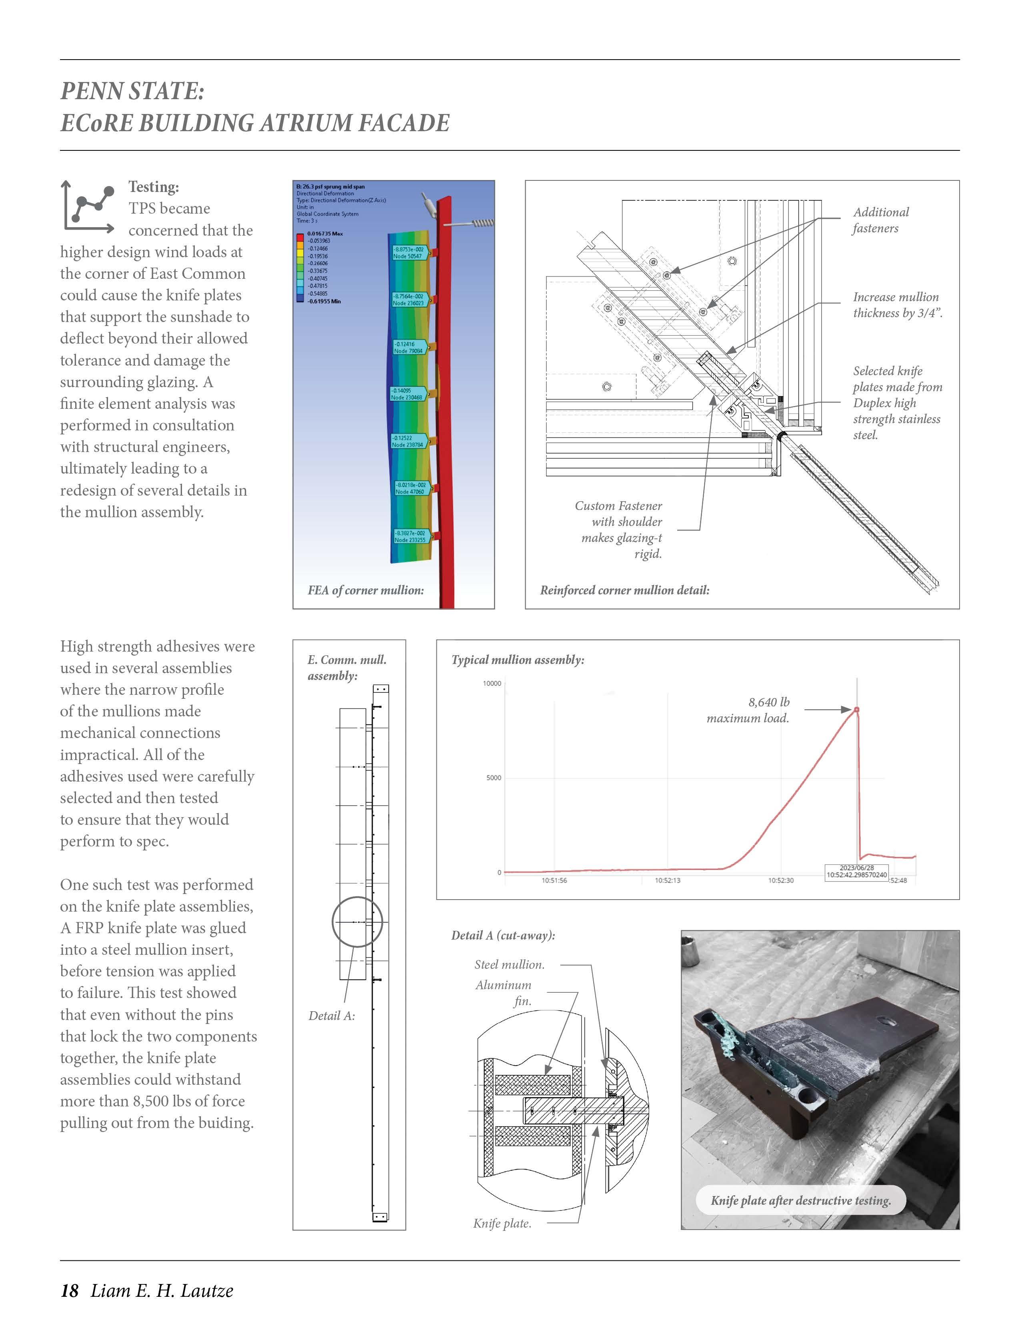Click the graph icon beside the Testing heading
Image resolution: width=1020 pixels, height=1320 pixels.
pyautogui.click(x=88, y=206)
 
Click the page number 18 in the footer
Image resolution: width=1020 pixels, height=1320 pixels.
pyautogui.click(x=70, y=1291)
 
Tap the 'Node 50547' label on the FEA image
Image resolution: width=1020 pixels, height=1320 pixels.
pyautogui.click(x=408, y=256)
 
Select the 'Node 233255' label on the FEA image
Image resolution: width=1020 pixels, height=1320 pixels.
pyautogui.click(x=410, y=540)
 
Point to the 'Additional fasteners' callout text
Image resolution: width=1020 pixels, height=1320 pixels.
pyautogui.click(x=880, y=220)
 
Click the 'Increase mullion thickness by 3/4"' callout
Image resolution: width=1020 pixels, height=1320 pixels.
pyautogui.click(x=897, y=305)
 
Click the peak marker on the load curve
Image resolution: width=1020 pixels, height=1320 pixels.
pyautogui.click(x=856, y=710)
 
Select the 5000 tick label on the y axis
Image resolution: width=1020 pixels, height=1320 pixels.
pyautogui.click(x=494, y=778)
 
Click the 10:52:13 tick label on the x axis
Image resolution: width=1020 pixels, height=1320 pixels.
pyautogui.click(x=667, y=881)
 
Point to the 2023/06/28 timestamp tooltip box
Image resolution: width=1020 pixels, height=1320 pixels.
pyautogui.click(x=856, y=872)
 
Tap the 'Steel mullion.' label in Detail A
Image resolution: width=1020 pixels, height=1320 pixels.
pyautogui.click(x=509, y=965)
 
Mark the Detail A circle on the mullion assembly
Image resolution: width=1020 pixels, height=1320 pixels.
pyautogui.click(x=357, y=922)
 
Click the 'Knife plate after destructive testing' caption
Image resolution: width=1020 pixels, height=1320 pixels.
pyautogui.click(x=801, y=1201)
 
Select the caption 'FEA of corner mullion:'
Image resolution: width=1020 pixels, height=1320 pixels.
pyautogui.click(x=366, y=590)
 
